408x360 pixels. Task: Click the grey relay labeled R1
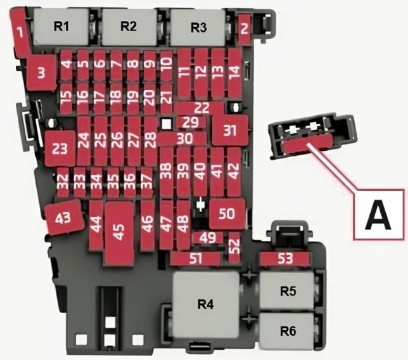pos(61,27)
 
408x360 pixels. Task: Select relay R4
pos(206,305)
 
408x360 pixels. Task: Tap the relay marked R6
pos(287,331)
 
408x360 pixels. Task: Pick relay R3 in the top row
pos(198,27)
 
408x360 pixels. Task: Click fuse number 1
pos(20,32)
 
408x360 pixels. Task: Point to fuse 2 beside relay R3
pos(245,29)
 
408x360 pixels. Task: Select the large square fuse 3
pos(42,73)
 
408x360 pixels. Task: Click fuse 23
pos(60,148)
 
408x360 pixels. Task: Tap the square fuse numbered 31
pos(230,130)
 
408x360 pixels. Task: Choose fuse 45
pos(119,233)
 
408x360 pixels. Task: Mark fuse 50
pos(227,214)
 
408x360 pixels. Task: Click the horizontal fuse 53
pos(286,259)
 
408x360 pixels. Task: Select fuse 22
pos(199,108)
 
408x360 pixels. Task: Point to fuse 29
pos(191,122)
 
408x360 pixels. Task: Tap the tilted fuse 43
pos(64,217)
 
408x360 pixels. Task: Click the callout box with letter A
pos(379,214)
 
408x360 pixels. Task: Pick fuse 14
pos(235,73)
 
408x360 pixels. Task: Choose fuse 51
pos(196,259)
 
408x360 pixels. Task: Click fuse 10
pos(166,67)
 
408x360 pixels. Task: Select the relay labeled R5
pos(287,290)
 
